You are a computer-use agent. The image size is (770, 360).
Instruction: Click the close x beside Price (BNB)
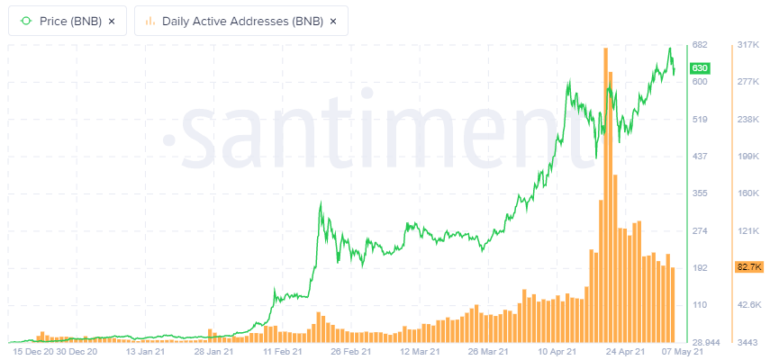[x=111, y=21]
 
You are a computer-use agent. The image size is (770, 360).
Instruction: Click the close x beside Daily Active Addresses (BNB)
[x=332, y=21]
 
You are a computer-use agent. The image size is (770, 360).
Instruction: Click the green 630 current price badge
[x=699, y=68]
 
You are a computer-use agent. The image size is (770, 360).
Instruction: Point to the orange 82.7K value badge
[x=749, y=267]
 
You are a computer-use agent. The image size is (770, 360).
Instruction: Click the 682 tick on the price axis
[x=698, y=45]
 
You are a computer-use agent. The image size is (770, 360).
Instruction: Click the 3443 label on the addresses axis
[x=747, y=343]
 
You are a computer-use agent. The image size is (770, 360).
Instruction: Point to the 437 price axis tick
[x=698, y=157]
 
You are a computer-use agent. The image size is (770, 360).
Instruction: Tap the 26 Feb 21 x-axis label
[x=340, y=353]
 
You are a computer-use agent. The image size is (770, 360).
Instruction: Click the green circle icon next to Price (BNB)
[x=25, y=21]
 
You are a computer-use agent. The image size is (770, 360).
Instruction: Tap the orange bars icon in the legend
[x=150, y=21]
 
